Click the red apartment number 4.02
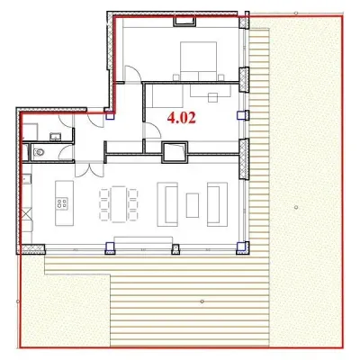click(182, 118)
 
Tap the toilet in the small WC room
click(38, 153)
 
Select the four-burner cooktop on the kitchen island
click(62, 202)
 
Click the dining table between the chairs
click(119, 204)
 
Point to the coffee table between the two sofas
click(192, 205)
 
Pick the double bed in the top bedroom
click(198, 61)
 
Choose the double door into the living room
click(89, 169)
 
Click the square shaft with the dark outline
click(175, 152)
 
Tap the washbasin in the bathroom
click(55, 137)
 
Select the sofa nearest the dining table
click(167, 204)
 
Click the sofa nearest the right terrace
click(217, 204)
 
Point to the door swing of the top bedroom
click(132, 73)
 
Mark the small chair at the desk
click(213, 97)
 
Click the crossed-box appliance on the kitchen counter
click(27, 215)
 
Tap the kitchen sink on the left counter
click(27, 179)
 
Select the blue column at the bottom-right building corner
click(241, 247)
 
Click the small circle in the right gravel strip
click(296, 207)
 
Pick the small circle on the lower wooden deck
click(202, 301)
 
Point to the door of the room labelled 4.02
click(153, 131)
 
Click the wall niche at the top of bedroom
click(184, 22)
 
